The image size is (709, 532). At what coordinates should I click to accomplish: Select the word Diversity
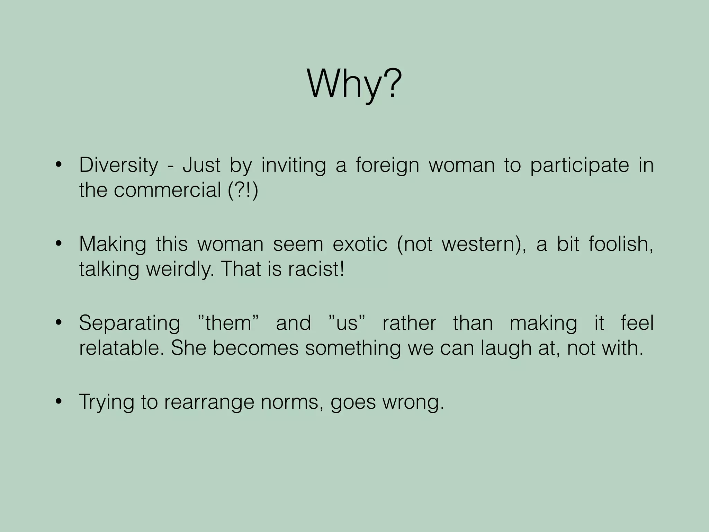point(118,165)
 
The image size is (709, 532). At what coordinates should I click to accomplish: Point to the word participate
point(580,166)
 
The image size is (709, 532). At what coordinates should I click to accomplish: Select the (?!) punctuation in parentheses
point(243,190)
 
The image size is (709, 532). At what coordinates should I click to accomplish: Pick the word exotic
point(360,244)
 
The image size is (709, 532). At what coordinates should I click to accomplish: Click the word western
point(479,244)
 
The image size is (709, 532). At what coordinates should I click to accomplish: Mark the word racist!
point(316,269)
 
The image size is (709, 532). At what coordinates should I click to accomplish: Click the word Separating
point(129,323)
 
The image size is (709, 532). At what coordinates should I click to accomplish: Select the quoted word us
point(347,323)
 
